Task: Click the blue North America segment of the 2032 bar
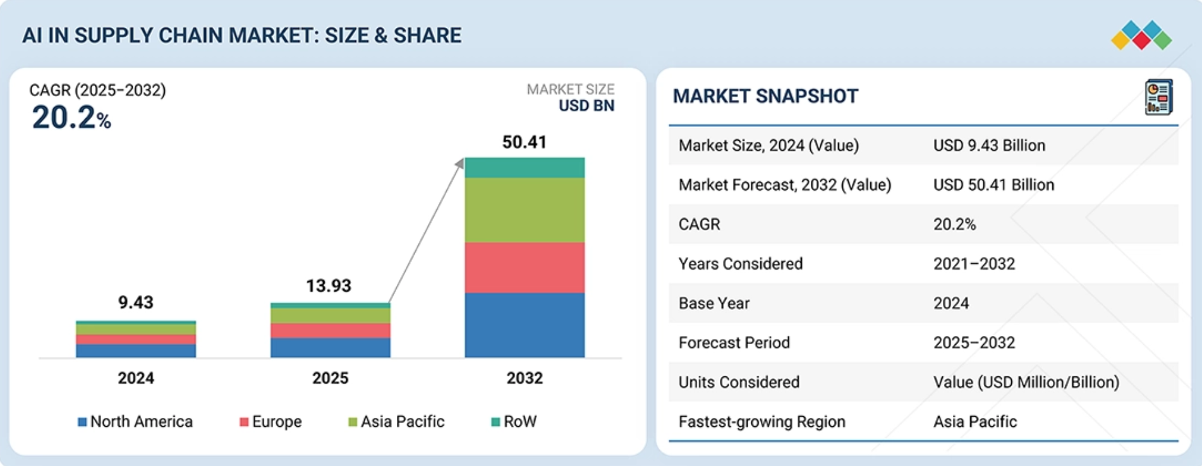(x=525, y=325)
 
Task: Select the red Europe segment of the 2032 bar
(x=525, y=267)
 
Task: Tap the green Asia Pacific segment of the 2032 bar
(x=525, y=210)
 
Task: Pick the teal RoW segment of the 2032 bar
(x=525, y=167)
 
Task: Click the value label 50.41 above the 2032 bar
(x=524, y=142)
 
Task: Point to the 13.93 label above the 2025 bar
(x=329, y=285)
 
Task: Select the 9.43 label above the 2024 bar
(x=135, y=302)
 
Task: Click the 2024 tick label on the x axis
(x=135, y=378)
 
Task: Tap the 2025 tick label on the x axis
(x=330, y=378)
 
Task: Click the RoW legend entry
(x=514, y=421)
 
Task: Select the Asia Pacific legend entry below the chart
(x=396, y=421)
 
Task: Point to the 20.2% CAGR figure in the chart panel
(x=71, y=117)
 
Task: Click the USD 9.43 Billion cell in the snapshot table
(x=989, y=145)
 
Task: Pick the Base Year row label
(x=714, y=303)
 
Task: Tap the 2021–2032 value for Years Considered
(x=974, y=263)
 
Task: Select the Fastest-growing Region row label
(x=762, y=421)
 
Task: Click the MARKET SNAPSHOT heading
(x=765, y=96)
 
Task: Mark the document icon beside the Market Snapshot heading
(x=1158, y=97)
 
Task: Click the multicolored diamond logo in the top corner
(x=1141, y=35)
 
